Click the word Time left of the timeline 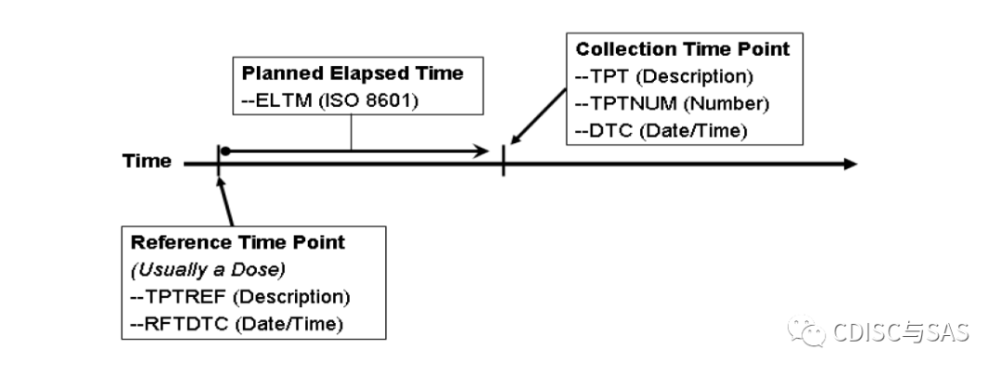147,162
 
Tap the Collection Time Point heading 682,49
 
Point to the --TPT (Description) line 664,76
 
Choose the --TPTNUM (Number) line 672,103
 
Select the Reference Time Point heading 238,242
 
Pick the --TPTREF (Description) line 239,297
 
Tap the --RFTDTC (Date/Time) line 237,324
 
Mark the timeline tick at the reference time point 217,163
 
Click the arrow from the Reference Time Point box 225,200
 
